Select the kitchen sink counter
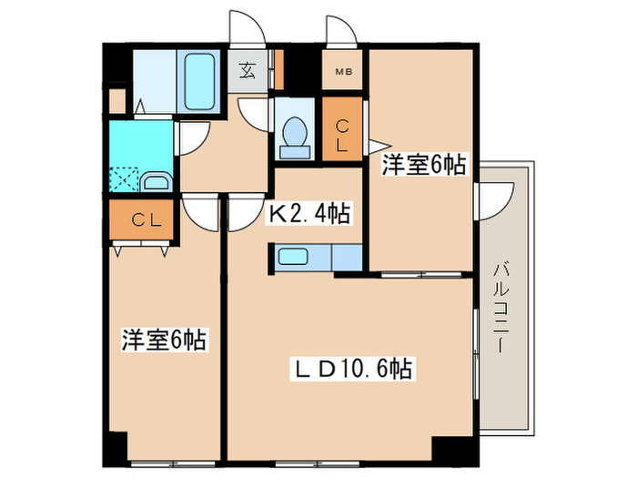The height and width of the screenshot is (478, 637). pyautogui.click(x=300, y=258)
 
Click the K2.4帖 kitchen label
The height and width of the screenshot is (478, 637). pyautogui.click(x=308, y=215)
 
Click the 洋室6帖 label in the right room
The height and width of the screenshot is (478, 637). pyautogui.click(x=424, y=166)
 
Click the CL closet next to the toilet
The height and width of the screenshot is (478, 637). pyautogui.click(x=342, y=134)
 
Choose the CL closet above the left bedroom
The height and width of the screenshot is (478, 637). pyautogui.click(x=140, y=219)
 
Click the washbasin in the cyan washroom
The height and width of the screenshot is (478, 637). pyautogui.click(x=157, y=182)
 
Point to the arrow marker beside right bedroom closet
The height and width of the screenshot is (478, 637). pyautogui.click(x=375, y=143)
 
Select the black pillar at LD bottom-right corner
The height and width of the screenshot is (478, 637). pyautogui.click(x=449, y=449)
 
